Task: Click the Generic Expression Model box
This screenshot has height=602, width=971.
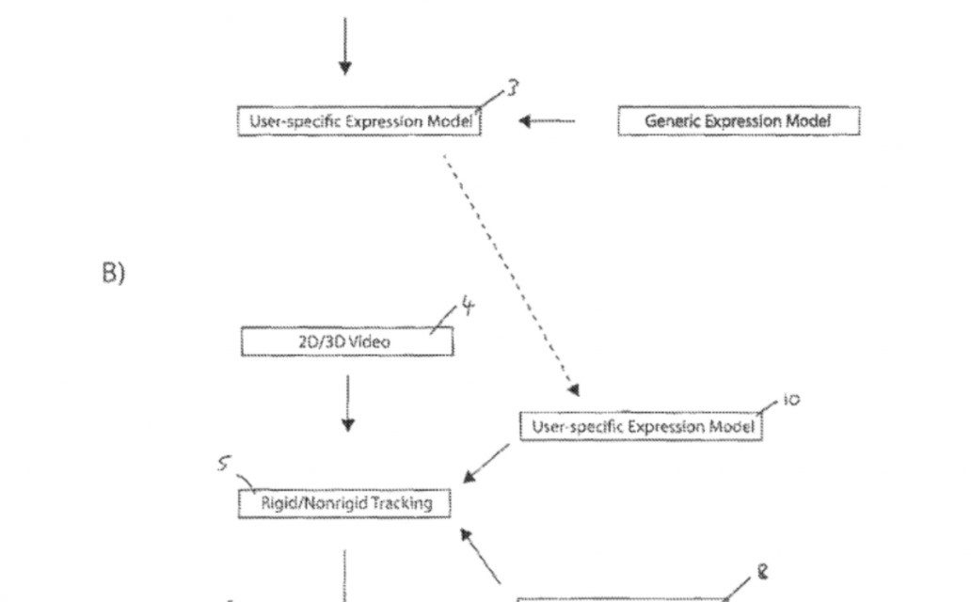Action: [x=739, y=121]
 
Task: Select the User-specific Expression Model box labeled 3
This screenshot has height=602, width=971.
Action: [x=358, y=121]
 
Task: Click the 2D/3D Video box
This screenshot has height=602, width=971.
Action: [x=346, y=341]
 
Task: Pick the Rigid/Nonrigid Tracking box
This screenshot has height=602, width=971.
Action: [x=344, y=503]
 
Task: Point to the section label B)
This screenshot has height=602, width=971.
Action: [x=113, y=273]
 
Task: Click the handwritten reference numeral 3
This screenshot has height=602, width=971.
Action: [x=513, y=89]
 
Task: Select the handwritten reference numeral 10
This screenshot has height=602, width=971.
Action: [x=790, y=400]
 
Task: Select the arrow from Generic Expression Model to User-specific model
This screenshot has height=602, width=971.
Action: [x=547, y=121]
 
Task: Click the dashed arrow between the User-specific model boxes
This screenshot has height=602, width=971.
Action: [x=508, y=273]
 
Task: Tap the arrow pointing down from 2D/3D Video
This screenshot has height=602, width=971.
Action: [x=347, y=403]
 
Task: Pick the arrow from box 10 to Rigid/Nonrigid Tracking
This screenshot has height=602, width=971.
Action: [x=486, y=463]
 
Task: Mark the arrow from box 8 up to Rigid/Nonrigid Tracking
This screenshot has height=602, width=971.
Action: [x=480, y=555]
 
